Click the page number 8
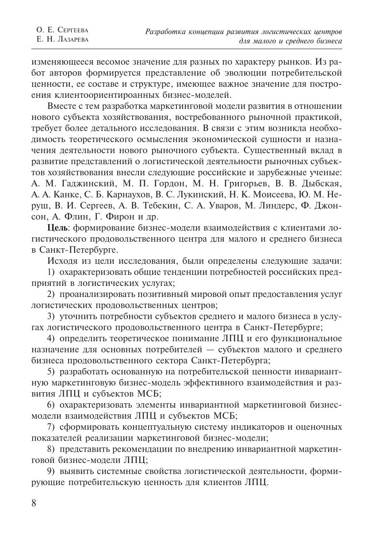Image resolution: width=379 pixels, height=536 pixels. coord(34,503)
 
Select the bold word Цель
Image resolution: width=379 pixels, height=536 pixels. coord(57,228)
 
